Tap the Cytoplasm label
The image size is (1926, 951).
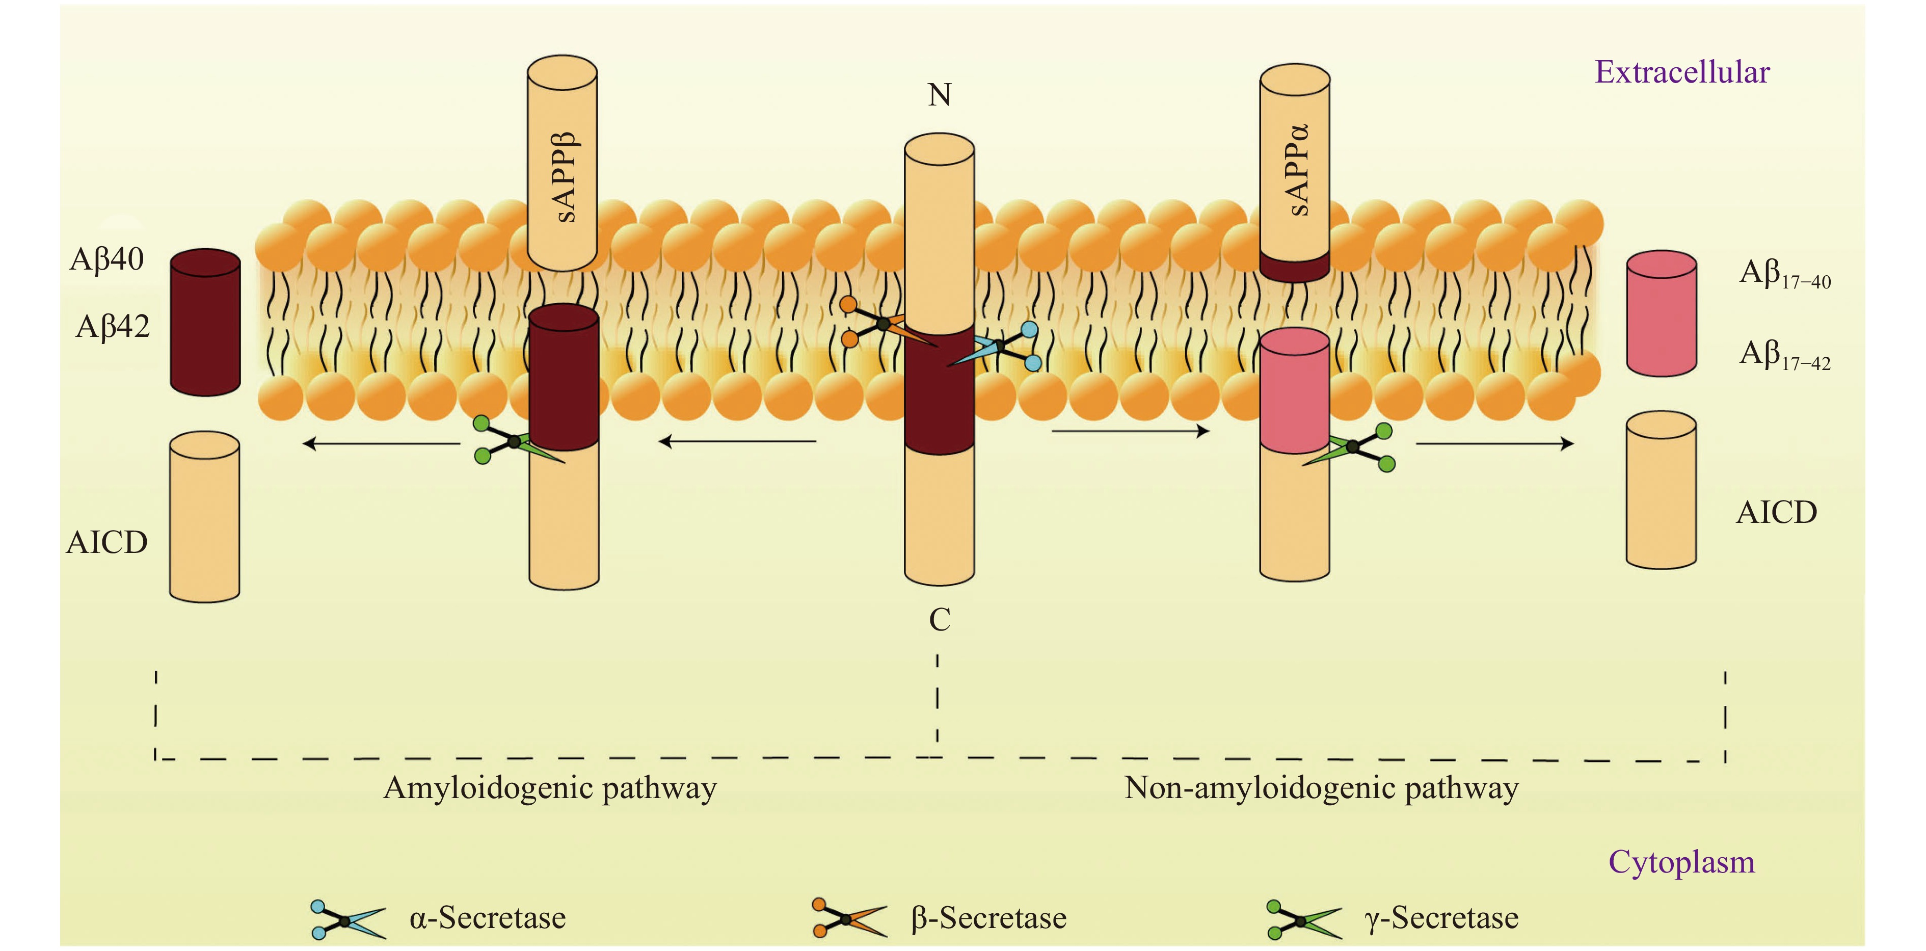coord(1681,862)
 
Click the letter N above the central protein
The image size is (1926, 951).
coord(939,95)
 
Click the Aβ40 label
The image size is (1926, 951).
coord(106,259)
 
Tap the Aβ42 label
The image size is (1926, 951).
coord(112,327)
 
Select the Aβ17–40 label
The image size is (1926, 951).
coord(1784,274)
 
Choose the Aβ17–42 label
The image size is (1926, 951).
coord(1784,355)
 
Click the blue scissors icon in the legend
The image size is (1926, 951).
coord(347,919)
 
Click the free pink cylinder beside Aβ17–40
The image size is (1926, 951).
coord(1661,313)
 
